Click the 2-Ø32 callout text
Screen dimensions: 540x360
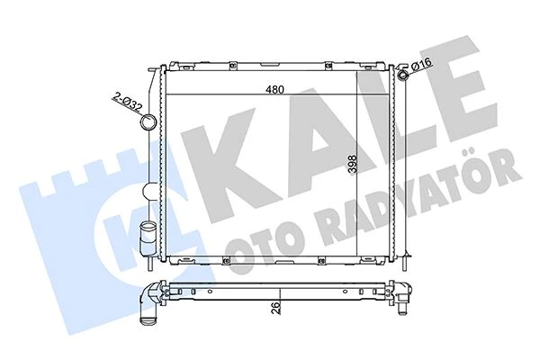pos(126,102)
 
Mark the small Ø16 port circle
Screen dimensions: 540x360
pos(402,75)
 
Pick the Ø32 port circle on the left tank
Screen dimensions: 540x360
pos(148,122)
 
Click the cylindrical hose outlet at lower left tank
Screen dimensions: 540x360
pos(148,238)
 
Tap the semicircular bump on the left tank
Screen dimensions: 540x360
pos(148,191)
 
